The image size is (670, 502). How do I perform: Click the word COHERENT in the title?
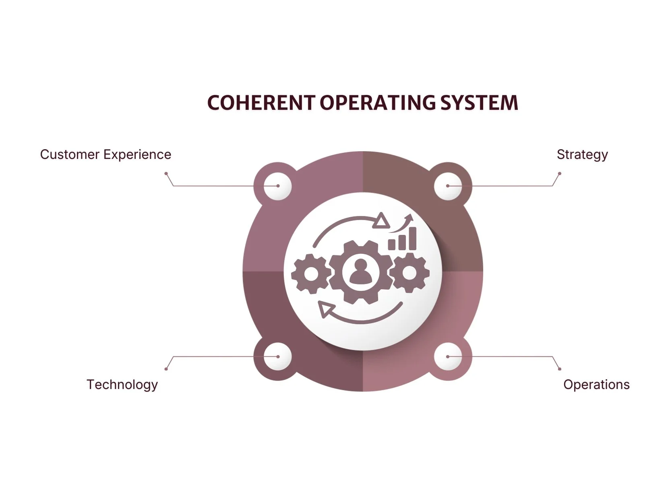pos(261,103)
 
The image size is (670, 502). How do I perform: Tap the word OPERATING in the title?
pos(378,103)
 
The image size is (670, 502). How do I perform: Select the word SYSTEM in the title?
pos(479,103)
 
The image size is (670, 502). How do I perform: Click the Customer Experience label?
pos(105,154)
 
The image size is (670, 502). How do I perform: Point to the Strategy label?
pos(582,154)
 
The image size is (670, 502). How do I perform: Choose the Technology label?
pos(122,385)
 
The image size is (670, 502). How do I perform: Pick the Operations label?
pos(596,385)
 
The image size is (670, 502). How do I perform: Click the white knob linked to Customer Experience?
pos(278,186)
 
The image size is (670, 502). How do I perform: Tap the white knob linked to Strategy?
pos(448,186)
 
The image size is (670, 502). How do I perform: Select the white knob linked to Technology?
pos(278,356)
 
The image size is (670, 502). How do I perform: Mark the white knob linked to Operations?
pos(448,356)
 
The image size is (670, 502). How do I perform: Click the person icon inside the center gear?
pos(361,272)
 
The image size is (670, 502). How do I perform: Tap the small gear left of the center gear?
pos(310,274)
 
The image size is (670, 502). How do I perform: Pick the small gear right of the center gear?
pos(409,273)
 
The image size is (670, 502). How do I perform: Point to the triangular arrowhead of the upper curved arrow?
pos(381,221)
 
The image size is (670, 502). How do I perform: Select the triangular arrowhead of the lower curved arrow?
pos(326,309)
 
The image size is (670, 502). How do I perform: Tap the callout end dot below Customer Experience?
pos(166,174)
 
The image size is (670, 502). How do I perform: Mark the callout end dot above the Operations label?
pos(560,369)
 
